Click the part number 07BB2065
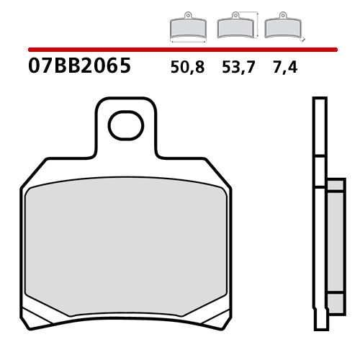(79, 67)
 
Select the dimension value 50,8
(187, 68)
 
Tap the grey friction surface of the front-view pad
(126, 241)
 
